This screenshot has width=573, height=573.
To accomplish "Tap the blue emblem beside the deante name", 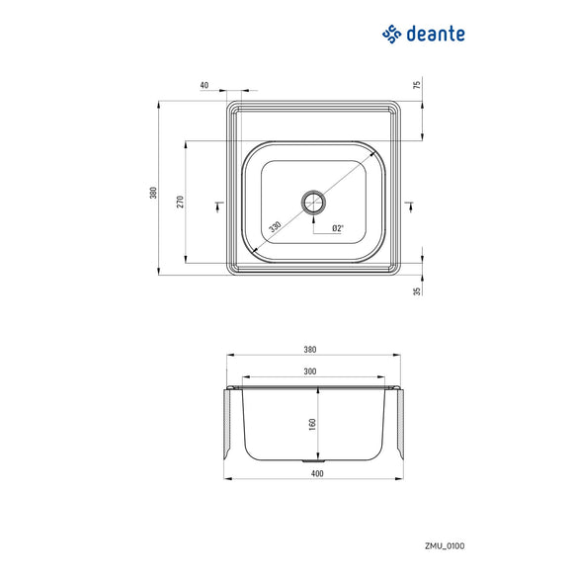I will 392,34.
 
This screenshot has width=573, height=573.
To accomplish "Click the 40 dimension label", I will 205,85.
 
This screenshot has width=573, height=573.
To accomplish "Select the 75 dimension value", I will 417,85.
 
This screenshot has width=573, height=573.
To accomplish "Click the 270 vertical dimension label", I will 180,203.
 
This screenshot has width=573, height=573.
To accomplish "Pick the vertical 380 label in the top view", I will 153,193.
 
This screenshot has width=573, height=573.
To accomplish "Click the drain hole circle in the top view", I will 314,203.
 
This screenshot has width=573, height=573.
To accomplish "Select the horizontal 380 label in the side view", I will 310,350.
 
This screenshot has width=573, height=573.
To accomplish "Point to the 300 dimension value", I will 310,371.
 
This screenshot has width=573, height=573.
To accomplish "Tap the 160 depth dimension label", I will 311,423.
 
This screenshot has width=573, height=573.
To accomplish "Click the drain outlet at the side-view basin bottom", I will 314,460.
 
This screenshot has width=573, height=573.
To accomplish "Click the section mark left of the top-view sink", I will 218,205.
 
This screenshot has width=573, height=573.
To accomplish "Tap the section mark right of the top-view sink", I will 409,205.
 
